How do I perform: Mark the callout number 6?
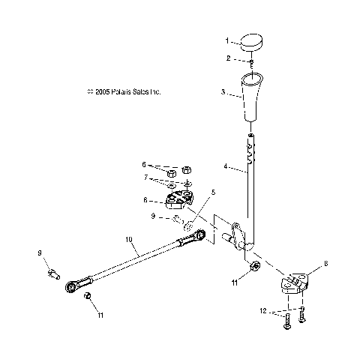click(x=145, y=164)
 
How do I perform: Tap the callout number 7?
click(x=145, y=178)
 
